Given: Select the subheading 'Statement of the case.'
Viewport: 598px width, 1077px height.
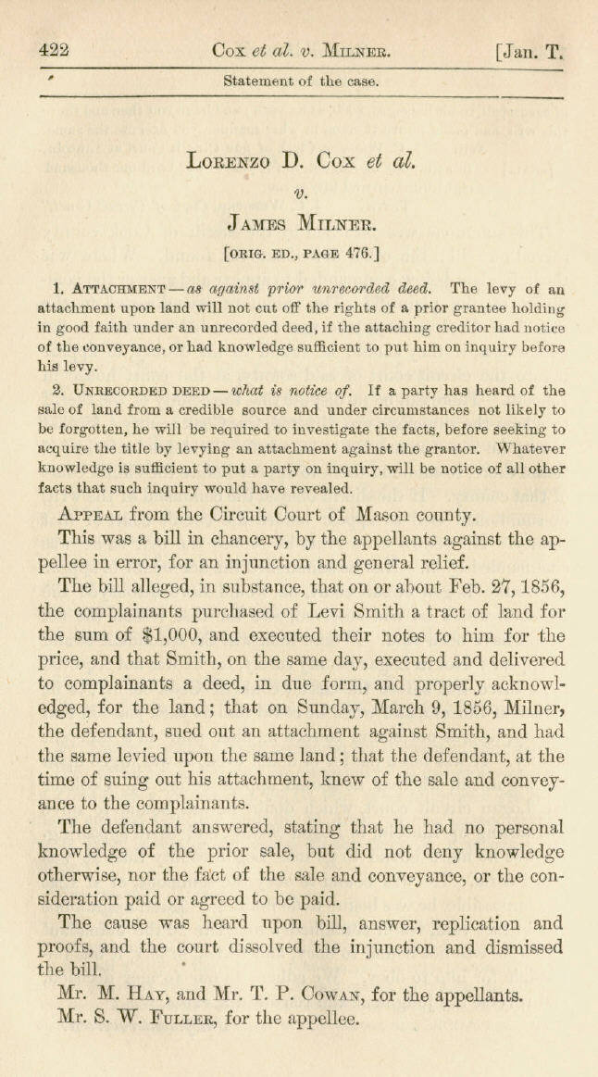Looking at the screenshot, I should pos(301,81).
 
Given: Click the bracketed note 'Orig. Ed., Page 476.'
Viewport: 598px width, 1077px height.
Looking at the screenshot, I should pos(300,251).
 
